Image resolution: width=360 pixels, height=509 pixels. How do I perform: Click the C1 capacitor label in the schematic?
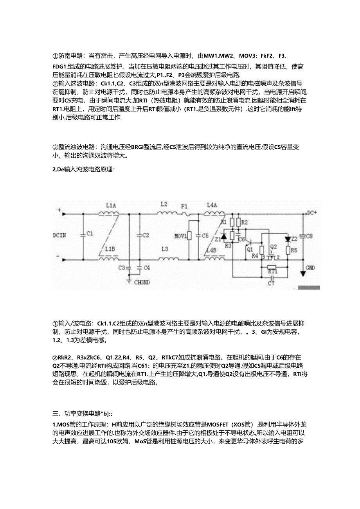tap(90, 234)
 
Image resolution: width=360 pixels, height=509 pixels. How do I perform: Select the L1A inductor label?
tap(111, 205)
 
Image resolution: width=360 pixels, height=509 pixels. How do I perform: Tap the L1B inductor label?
tap(110, 249)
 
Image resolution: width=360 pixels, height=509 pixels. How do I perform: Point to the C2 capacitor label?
tap(146, 236)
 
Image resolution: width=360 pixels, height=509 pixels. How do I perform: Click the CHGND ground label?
tap(142, 282)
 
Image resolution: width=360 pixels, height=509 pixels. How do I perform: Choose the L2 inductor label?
tap(164, 205)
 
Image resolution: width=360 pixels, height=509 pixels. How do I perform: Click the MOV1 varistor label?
tap(180, 236)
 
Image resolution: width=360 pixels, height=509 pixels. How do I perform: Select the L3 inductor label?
tap(164, 249)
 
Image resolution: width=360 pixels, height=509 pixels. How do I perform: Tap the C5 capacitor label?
tap(205, 236)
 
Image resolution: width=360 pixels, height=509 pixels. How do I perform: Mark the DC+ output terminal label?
tap(312, 212)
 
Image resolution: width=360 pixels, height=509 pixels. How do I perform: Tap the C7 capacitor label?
tap(271, 282)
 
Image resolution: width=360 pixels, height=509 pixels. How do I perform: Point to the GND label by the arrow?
tap(311, 268)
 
